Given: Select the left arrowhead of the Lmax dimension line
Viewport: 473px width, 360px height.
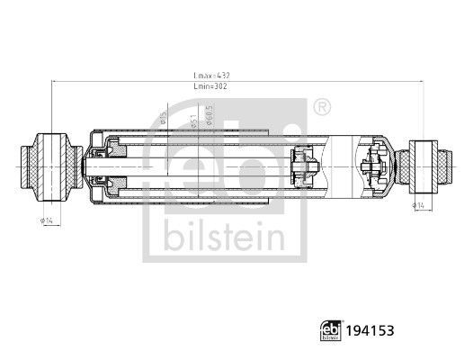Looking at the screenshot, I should (55, 82).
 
